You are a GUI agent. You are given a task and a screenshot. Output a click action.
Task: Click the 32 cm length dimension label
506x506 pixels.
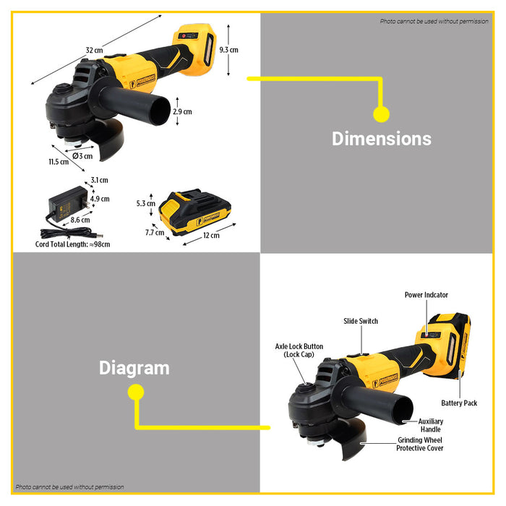[94, 51]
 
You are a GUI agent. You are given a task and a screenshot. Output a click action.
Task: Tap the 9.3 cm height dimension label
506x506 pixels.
[229, 50]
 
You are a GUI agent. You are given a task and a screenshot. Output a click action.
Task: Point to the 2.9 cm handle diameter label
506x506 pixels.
[182, 111]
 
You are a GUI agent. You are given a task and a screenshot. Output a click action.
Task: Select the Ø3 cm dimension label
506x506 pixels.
[82, 156]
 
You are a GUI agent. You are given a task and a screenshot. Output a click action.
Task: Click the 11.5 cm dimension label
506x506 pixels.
[59, 162]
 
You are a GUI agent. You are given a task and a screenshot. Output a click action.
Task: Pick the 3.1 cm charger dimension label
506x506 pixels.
[100, 180]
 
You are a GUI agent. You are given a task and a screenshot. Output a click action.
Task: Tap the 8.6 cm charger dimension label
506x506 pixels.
[80, 220]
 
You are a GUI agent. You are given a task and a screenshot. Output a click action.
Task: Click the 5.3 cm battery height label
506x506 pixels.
[146, 204]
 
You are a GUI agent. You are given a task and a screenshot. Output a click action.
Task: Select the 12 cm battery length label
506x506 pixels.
[211, 236]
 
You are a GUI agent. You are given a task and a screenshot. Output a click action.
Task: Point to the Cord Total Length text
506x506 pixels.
[72, 244]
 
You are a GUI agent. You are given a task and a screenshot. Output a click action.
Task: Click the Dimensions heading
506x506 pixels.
[382, 139]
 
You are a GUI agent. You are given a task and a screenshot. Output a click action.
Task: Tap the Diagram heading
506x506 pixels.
[134, 368]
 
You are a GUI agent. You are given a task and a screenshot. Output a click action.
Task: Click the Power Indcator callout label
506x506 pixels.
[426, 295]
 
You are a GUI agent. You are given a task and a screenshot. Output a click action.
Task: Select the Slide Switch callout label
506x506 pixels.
[361, 321]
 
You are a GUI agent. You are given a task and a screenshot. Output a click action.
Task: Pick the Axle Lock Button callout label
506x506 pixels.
[299, 351]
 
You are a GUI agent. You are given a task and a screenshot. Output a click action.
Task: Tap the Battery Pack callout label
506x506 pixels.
[459, 403]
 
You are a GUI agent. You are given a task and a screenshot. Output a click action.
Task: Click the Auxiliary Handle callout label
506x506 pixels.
[431, 425]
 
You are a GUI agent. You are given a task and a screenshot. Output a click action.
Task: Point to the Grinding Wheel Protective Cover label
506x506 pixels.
[420, 444]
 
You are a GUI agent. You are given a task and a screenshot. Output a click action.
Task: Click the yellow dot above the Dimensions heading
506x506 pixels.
[382, 114]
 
